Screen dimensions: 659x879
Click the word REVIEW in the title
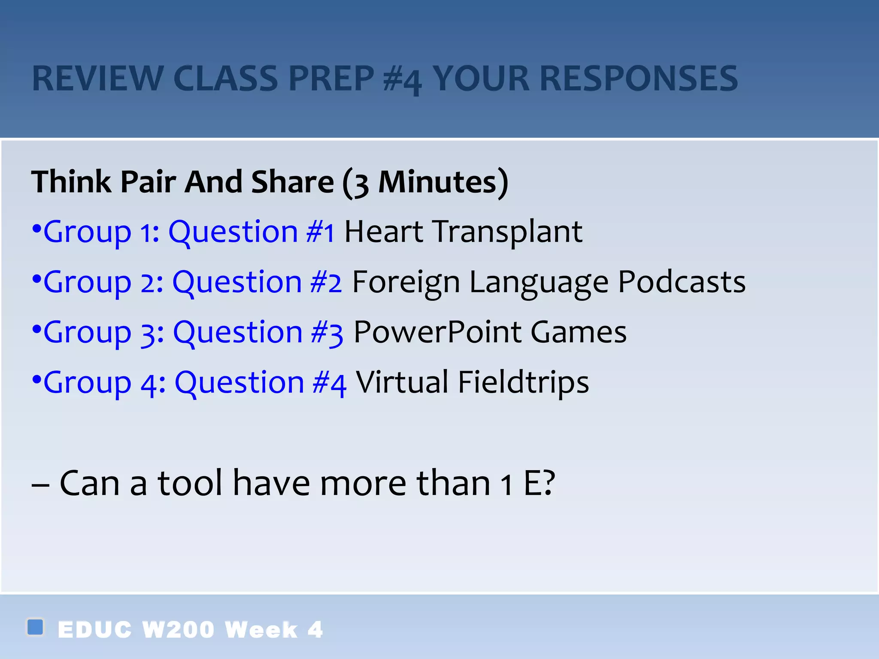tap(98, 79)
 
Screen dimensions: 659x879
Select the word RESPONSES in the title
tap(639, 79)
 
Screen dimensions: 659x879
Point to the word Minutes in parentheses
tap(437, 182)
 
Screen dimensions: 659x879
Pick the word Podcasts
tap(682, 282)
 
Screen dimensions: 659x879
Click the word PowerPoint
tap(437, 332)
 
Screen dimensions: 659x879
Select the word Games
tap(579, 332)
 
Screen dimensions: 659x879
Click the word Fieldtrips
tap(523, 383)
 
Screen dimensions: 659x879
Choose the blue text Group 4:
tap(104, 383)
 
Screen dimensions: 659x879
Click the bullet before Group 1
tap(36, 229)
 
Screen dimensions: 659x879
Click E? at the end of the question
tap(540, 483)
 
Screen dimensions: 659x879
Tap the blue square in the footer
tap(35, 627)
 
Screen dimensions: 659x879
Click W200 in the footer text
tap(178, 630)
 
